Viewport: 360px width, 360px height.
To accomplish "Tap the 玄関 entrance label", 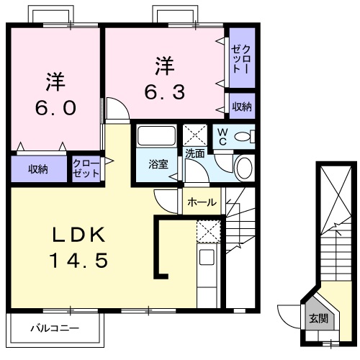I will [x=318, y=317].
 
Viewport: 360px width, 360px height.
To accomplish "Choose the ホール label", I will [x=202, y=202].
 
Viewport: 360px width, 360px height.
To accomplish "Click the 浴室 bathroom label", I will [x=158, y=163].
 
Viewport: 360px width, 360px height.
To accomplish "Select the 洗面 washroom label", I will [x=194, y=153].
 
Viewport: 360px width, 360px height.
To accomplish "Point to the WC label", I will [x=222, y=137].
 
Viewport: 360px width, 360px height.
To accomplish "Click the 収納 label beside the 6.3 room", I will [x=241, y=107].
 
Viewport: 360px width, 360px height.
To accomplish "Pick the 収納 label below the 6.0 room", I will [x=38, y=169].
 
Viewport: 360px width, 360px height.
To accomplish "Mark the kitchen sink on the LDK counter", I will [x=207, y=258].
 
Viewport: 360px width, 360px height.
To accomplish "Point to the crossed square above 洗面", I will [x=194, y=135].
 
